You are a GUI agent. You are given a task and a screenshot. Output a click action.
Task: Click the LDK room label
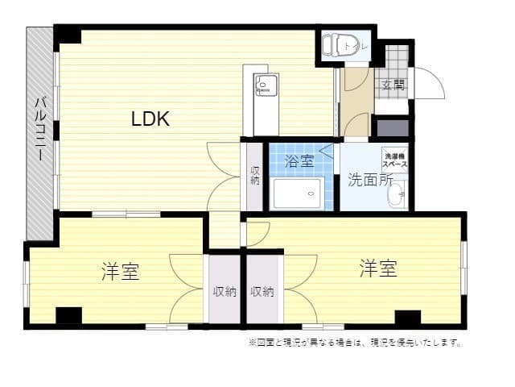pos(150,119)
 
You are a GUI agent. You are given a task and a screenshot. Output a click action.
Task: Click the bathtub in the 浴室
pos(297,194)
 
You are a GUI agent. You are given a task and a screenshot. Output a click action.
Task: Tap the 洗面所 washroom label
pos(369,180)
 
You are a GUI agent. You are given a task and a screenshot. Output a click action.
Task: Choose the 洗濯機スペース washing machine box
pos(394,159)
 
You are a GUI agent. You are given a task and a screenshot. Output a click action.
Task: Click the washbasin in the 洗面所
pos(398,193)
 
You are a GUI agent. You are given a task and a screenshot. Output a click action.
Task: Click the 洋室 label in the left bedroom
pos(121,271)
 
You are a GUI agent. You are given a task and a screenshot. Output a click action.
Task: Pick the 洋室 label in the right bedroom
pos(378,268)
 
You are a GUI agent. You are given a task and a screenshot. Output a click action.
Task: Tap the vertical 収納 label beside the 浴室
pos(255,176)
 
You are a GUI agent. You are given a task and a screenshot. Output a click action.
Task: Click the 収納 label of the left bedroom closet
pos(225,291)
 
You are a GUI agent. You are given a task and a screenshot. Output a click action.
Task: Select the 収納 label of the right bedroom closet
pos(262,291)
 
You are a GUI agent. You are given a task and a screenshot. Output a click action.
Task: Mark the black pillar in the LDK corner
pos(68,35)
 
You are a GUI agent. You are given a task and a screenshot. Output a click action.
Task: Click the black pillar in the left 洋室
pos(68,316)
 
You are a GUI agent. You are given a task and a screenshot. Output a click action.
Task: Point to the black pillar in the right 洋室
pos(408,317)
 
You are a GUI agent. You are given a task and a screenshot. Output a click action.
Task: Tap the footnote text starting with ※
pos(355,343)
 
